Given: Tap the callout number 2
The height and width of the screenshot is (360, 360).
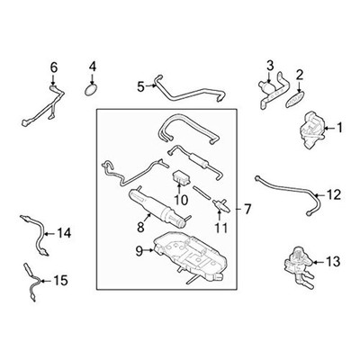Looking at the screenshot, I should tap(301, 76).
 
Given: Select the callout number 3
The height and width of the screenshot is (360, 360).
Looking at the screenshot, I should tap(269, 65).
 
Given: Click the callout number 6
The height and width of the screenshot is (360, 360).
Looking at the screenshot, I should tap(53, 67).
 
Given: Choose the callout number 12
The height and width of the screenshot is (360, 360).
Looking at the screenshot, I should tap(333, 193).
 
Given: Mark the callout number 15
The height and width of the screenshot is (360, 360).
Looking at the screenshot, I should tap(60, 281).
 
